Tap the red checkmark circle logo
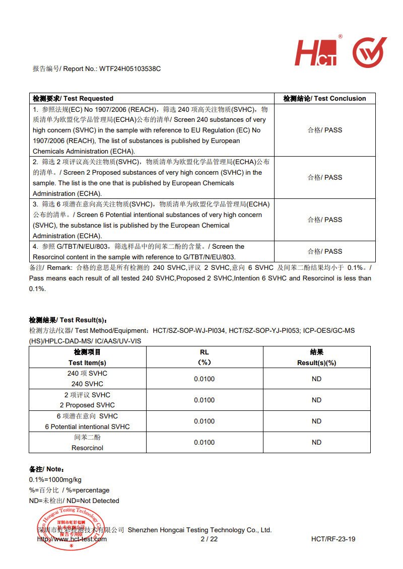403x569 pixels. [x=369, y=52]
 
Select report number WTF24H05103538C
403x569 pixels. [x=129, y=68]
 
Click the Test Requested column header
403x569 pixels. [x=73, y=98]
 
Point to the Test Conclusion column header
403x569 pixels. [x=324, y=98]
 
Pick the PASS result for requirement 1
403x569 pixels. [x=324, y=130]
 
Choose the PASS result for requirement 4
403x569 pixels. [x=324, y=251]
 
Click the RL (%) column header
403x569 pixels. [x=204, y=357]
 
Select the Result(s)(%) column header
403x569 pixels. [x=316, y=357]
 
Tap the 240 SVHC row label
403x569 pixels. [x=87, y=378]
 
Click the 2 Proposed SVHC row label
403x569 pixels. [x=87, y=400]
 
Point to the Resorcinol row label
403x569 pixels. [x=87, y=443]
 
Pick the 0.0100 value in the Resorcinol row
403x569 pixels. [x=204, y=443]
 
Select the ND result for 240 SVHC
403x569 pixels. [x=316, y=379]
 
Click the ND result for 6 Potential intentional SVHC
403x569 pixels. [x=316, y=421]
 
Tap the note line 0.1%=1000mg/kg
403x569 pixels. [x=55, y=479]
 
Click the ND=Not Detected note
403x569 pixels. [x=74, y=501]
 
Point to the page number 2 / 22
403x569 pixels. [x=209, y=539]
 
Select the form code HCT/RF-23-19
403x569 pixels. [x=333, y=539]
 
